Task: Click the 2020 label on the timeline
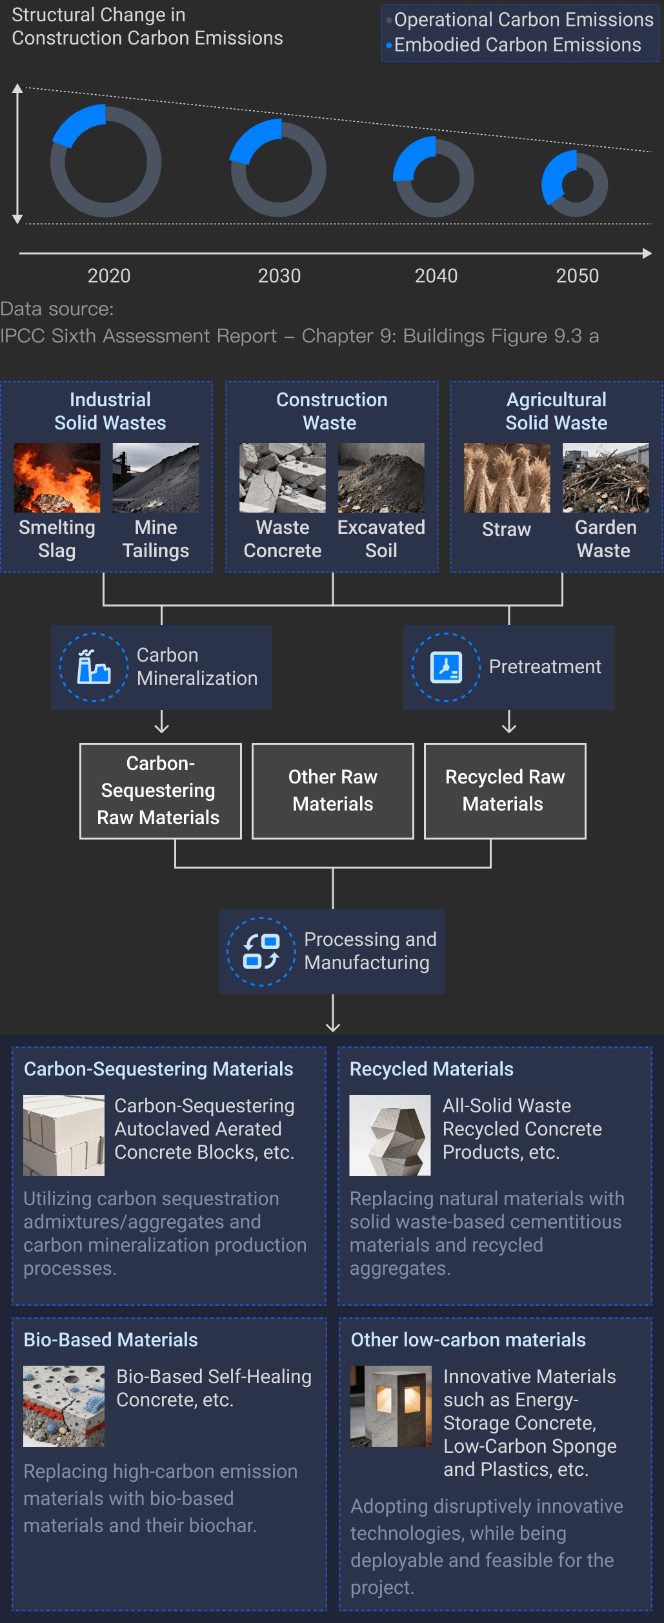tap(109, 276)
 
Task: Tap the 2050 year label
tap(577, 276)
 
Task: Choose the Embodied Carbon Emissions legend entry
tap(517, 45)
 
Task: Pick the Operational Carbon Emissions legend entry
tap(523, 20)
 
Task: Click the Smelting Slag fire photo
tap(57, 478)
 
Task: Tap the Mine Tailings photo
tap(156, 478)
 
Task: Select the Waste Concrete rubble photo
tap(282, 478)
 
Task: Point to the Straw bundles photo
tap(507, 478)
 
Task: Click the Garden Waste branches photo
tap(605, 478)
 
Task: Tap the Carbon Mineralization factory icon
tap(94, 667)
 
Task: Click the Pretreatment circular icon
tap(446, 667)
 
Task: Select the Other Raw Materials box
tap(332, 791)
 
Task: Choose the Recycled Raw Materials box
tap(505, 791)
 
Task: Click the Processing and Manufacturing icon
tap(261, 951)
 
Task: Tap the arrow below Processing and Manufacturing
tap(333, 1014)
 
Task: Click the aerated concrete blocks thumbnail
tap(64, 1135)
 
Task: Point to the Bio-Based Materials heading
tap(110, 1340)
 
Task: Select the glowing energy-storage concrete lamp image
tap(391, 1406)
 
